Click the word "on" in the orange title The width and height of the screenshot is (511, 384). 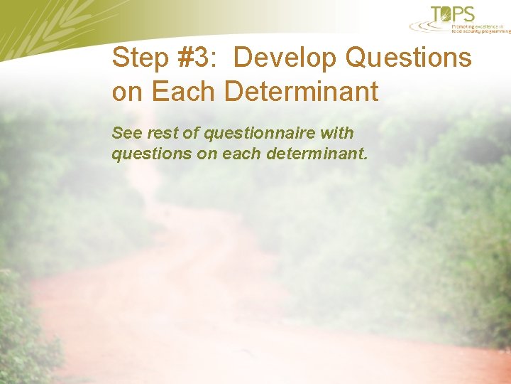(x=127, y=92)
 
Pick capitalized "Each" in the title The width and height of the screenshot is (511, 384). (x=183, y=92)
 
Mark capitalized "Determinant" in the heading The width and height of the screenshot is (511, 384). (x=301, y=92)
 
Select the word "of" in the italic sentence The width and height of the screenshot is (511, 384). (x=189, y=133)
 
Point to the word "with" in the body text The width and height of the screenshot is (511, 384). (x=337, y=133)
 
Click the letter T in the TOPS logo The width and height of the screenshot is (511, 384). (x=436, y=14)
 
